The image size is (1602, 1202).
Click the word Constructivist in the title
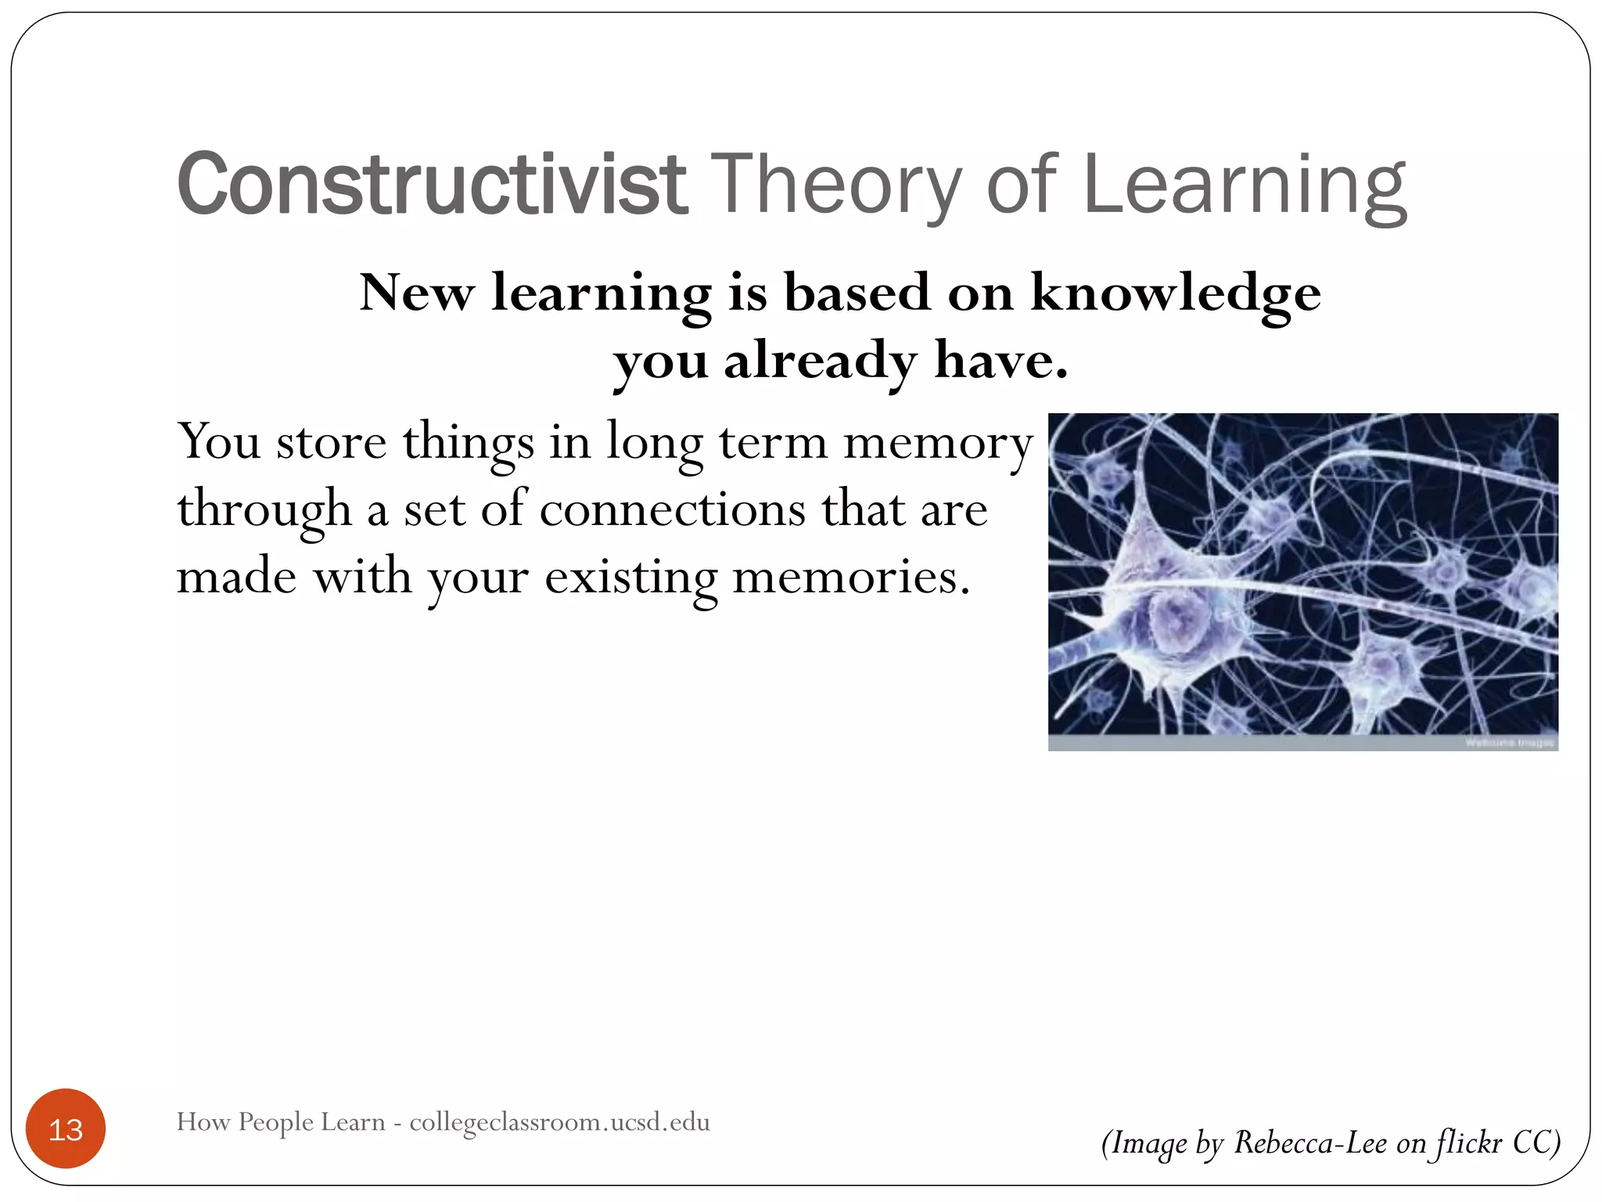tap(432, 185)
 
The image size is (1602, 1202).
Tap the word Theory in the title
tap(839, 185)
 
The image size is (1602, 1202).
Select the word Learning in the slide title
tap(1245, 185)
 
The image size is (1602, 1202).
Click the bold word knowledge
tap(1175, 294)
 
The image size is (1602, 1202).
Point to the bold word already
tap(820, 362)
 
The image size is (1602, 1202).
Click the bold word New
tap(416, 294)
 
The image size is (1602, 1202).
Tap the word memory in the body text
tap(938, 443)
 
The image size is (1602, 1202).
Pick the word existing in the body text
tap(630, 578)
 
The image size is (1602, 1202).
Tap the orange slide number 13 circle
tap(66, 1128)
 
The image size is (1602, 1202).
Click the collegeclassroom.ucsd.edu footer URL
tap(559, 1121)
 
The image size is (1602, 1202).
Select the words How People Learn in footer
tap(281, 1121)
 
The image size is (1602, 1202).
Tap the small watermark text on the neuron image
tap(1509, 743)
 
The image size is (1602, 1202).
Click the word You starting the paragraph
tap(218, 443)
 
